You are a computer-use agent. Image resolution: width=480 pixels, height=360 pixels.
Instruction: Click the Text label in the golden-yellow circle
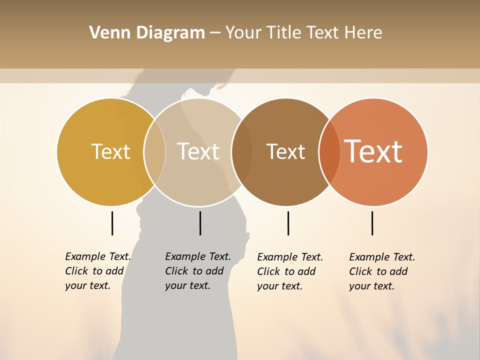pos(110,151)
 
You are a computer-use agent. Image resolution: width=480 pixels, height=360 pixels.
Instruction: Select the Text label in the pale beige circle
pos(198,151)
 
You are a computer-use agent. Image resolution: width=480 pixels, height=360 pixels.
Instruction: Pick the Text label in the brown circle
pos(285,151)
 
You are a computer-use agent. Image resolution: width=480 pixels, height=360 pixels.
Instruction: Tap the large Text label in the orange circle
pos(373,151)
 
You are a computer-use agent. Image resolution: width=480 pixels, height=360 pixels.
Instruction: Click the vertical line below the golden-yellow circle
pos(112,223)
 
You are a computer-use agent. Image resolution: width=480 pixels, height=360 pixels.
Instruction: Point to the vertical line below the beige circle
pos(200,223)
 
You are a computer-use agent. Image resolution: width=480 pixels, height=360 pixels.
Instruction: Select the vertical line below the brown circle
pos(288,223)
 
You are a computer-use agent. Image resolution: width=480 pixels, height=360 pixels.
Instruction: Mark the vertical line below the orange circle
pos(372,223)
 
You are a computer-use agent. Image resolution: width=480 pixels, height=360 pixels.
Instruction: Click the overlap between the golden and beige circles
pos(155,152)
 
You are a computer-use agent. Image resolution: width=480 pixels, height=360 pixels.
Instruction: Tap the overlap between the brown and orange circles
pos(329,152)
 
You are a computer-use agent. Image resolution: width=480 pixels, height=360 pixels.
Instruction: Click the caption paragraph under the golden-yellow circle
pos(98,271)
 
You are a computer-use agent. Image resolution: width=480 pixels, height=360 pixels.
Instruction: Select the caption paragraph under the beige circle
pos(198,271)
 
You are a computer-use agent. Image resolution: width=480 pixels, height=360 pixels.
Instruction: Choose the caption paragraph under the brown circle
pos(290,271)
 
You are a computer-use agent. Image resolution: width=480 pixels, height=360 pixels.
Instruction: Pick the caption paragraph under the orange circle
pos(382,271)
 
